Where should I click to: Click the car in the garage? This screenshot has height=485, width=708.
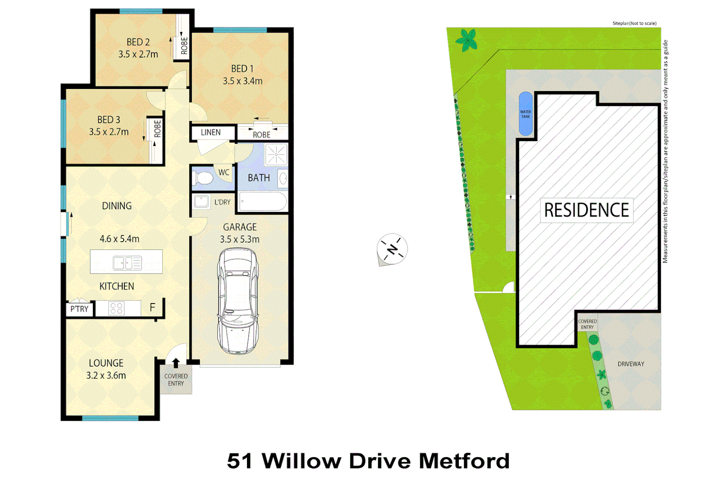tap(238, 301)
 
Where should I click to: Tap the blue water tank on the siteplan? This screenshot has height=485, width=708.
tap(525, 114)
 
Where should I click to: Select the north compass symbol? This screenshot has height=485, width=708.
tap(392, 249)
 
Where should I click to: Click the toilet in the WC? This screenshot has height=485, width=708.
tap(202, 178)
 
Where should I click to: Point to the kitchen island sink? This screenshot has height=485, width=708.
tap(127, 263)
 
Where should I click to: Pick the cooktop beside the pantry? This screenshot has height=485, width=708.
tap(117, 308)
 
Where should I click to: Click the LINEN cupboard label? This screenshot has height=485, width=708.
tap(211, 132)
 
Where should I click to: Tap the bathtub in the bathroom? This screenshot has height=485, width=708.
tap(263, 202)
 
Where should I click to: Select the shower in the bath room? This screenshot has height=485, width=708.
tap(276, 154)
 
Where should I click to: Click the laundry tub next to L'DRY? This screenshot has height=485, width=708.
tap(201, 202)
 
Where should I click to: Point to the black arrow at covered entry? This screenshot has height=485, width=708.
tap(176, 363)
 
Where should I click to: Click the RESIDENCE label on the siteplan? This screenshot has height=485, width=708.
tap(586, 210)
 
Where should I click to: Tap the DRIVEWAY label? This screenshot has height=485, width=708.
tap(630, 364)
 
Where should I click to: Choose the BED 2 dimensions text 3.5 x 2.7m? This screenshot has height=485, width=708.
tap(138, 54)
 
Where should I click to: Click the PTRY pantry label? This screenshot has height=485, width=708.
tap(79, 309)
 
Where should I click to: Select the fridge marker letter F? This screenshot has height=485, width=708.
tap(152, 308)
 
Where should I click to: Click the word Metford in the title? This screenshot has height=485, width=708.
tap(464, 461)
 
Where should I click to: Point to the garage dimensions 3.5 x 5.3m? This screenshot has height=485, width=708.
tap(240, 239)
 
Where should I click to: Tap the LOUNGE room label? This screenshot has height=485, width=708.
tap(106, 363)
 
